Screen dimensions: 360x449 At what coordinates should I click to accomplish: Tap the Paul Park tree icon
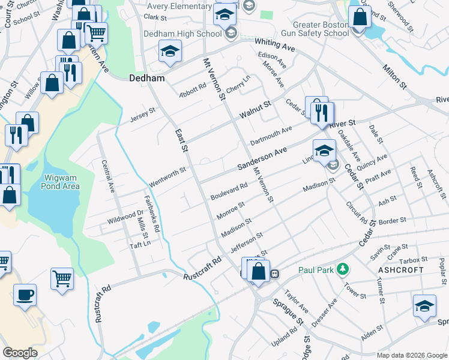[x=343, y=269]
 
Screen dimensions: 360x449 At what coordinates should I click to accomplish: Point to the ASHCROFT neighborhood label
[x=401, y=270]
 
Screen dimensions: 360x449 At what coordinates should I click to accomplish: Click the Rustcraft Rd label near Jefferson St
[x=202, y=269]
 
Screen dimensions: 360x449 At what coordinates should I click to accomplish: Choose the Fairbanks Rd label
[x=151, y=209]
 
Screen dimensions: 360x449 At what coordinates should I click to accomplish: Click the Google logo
[x=20, y=353]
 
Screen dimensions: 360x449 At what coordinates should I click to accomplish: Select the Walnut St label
[x=256, y=109]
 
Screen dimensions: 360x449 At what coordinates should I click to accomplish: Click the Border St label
[x=393, y=221]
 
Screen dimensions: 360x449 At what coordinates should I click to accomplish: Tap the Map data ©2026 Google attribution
[x=411, y=355]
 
